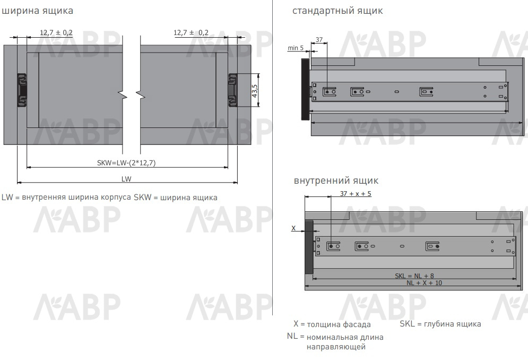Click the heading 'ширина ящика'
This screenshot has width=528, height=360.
37,11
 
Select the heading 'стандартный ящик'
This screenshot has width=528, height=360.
337,11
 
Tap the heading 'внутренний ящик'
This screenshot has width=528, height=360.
336,181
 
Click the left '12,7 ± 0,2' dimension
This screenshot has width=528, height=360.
56,32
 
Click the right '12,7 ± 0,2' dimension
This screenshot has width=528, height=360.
191,32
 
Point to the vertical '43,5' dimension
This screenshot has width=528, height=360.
255,91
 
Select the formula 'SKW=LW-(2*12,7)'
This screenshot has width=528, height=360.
126,163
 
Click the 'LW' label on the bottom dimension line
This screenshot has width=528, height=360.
126,179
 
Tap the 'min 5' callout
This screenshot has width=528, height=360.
296,48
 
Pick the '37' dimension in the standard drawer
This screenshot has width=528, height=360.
319,40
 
